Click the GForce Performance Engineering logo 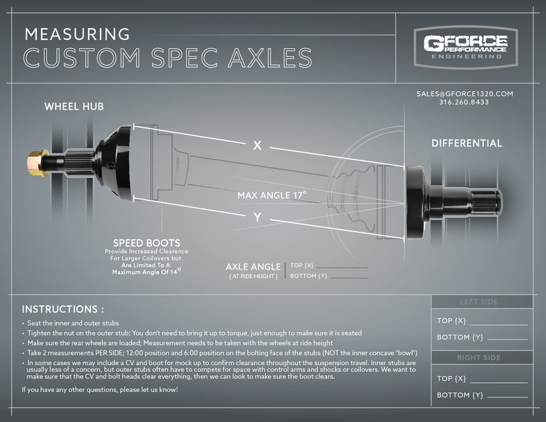(x=465, y=46)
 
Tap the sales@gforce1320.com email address (x=464, y=94)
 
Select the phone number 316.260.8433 (x=464, y=102)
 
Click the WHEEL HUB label (x=74, y=107)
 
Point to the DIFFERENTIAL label (x=466, y=143)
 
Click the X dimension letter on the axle (x=257, y=145)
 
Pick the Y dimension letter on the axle (x=257, y=217)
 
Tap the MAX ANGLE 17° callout (x=271, y=196)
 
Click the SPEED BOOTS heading (x=146, y=242)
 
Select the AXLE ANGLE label (x=253, y=267)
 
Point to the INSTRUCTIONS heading (x=63, y=309)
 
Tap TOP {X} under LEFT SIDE (x=452, y=321)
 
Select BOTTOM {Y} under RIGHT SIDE (x=460, y=395)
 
